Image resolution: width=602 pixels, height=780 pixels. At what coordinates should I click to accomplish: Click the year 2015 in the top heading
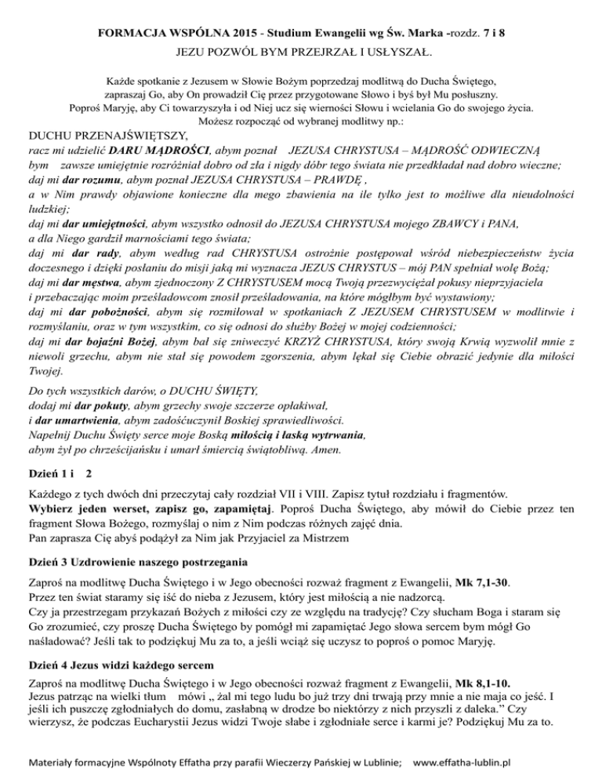click(x=218, y=14)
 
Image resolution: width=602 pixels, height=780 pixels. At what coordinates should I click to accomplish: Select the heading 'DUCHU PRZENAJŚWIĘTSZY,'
click(x=103, y=134)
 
